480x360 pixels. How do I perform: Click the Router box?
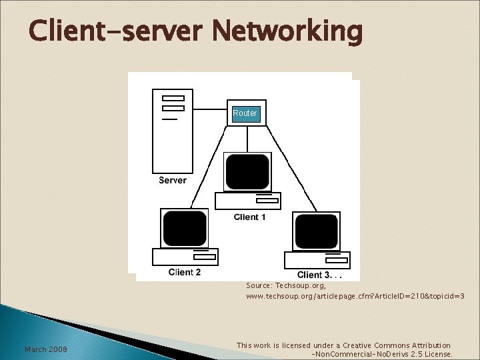coord(245,113)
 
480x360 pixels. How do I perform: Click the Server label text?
coord(173,180)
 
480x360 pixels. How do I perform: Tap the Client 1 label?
coord(250,217)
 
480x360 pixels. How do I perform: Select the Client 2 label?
coord(185,272)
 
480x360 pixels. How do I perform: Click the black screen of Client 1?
coord(247,171)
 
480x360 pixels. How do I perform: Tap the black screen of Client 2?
coord(185,228)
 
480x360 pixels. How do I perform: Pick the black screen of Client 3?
coord(316,231)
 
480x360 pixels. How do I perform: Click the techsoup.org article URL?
coord(355,295)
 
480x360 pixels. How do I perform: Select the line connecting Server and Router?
coord(212,108)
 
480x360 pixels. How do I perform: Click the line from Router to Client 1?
coord(247,139)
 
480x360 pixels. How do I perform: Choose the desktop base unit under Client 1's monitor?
coord(247,201)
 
